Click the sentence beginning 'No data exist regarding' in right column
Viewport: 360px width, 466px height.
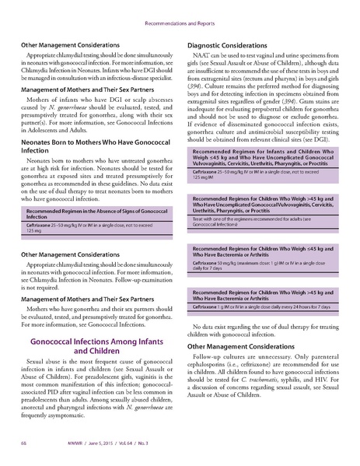[264, 323]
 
